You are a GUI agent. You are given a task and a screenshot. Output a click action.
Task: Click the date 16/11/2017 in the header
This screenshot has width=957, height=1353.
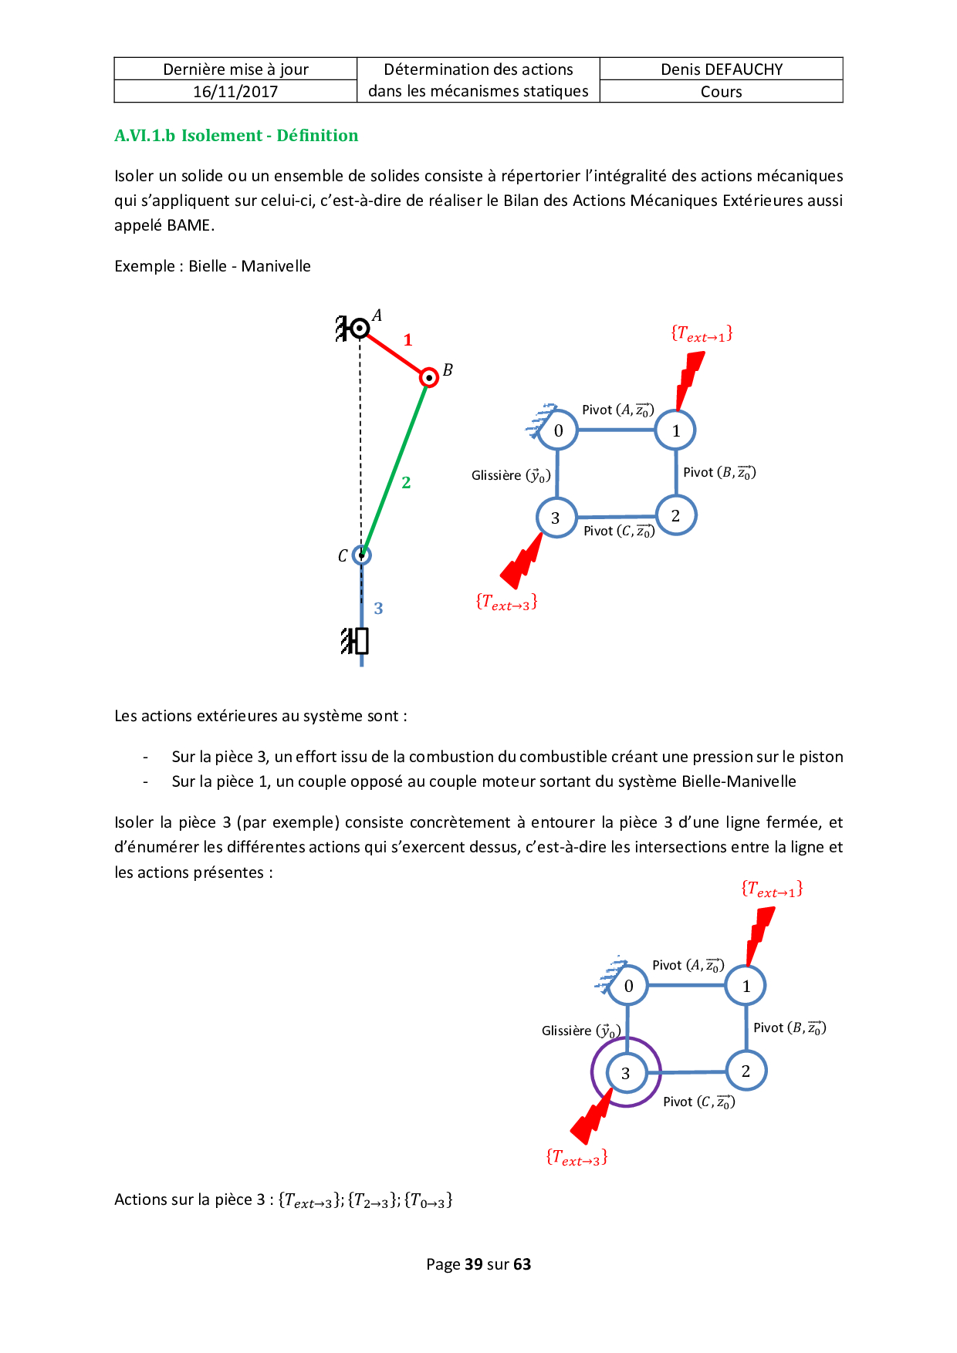[235, 92]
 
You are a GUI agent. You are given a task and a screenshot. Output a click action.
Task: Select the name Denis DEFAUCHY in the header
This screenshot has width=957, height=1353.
[722, 69]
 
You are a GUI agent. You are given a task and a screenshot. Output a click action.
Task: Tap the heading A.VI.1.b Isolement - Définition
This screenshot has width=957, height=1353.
[236, 136]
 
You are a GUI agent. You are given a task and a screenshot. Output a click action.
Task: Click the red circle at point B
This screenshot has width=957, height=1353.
[429, 377]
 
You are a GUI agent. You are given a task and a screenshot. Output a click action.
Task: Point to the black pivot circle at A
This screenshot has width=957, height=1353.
[360, 329]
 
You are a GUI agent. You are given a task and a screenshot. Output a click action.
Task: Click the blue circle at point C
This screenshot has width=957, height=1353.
[361, 555]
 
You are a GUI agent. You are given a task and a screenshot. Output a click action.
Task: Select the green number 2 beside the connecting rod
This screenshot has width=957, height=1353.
[406, 483]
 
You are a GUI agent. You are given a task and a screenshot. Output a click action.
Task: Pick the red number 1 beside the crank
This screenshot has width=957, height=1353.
[407, 340]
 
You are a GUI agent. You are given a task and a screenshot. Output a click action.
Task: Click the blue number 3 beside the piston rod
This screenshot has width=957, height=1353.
[378, 609]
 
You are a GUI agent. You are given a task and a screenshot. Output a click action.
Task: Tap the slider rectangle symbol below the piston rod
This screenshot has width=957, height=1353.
[360, 641]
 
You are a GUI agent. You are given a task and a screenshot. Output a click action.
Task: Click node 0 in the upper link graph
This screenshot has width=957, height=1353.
[558, 430]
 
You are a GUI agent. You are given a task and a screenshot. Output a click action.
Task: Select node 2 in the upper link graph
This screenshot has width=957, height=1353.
[675, 515]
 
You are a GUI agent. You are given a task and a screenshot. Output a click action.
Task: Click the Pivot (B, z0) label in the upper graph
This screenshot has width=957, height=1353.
[719, 472]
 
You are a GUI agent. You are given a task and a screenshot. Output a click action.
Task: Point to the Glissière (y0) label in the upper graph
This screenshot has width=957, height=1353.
[511, 476]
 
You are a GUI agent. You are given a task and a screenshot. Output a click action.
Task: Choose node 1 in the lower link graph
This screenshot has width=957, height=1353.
[746, 986]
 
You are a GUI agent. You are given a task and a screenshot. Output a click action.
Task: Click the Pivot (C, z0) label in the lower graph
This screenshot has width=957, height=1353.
[698, 1102]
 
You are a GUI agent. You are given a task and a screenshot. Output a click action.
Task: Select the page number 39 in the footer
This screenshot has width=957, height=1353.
[473, 1264]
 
